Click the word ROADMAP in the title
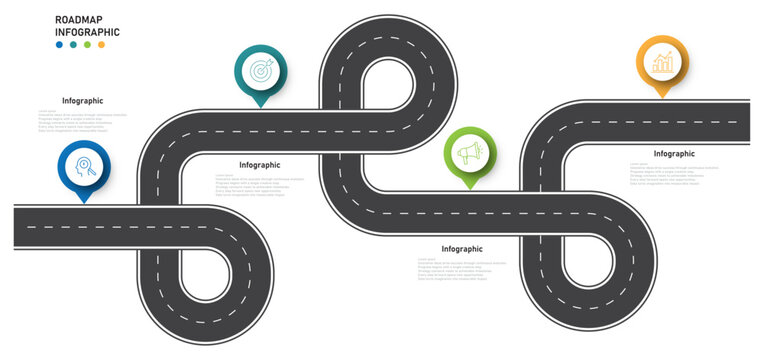click(x=78, y=18)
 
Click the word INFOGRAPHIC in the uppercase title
click(x=87, y=32)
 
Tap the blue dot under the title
click(x=60, y=46)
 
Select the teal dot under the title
click(x=74, y=46)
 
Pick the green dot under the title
click(x=87, y=46)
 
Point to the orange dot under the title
click(x=101, y=46)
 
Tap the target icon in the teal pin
click(x=260, y=71)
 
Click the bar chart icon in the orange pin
click(x=662, y=63)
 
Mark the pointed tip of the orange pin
click(x=662, y=98)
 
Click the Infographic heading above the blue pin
click(x=82, y=101)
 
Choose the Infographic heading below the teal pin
click(x=260, y=165)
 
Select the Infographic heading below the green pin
click(x=462, y=249)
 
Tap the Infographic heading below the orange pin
click(x=674, y=154)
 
